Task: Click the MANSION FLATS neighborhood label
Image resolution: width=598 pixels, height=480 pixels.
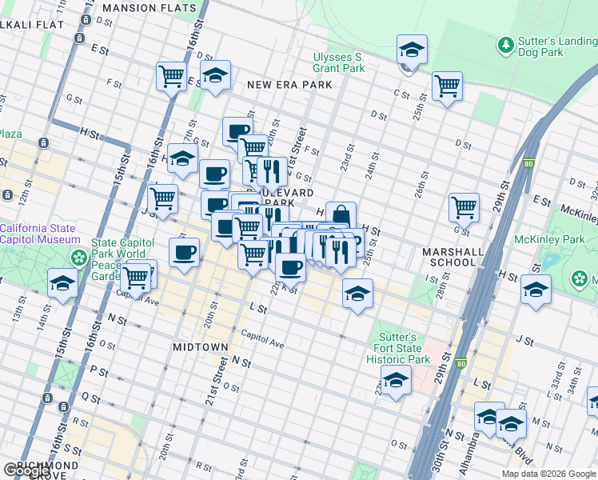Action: click(149, 8)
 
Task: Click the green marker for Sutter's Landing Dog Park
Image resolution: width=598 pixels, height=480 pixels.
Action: click(504, 44)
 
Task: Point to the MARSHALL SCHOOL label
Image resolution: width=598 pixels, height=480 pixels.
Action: click(453, 257)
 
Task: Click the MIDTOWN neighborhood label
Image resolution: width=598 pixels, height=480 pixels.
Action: click(201, 347)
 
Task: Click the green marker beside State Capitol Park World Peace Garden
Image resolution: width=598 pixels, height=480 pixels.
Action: click(79, 257)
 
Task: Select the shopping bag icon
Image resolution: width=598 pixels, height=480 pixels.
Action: click(341, 215)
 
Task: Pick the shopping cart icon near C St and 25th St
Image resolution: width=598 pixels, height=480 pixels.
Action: click(447, 86)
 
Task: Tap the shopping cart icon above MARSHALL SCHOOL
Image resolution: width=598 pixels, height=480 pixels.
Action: click(464, 206)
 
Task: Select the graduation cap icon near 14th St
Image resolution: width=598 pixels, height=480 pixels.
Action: click(62, 283)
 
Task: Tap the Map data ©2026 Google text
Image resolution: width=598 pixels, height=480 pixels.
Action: click(548, 474)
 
